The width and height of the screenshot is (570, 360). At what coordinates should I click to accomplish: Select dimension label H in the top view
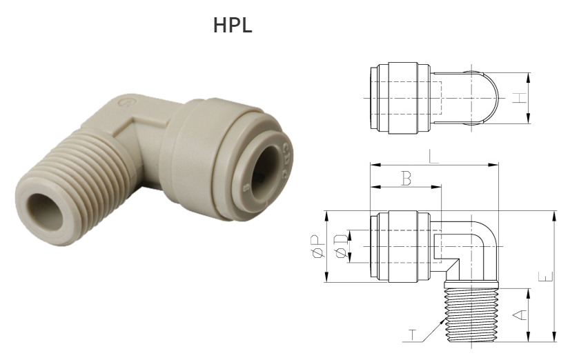tap(522, 99)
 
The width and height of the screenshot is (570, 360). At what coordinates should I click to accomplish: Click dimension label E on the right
tap(546, 276)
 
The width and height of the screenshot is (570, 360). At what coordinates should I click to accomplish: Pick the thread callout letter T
tap(413, 336)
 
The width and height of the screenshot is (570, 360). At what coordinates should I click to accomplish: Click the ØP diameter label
tap(317, 246)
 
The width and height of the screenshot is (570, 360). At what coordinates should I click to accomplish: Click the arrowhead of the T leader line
tap(445, 319)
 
